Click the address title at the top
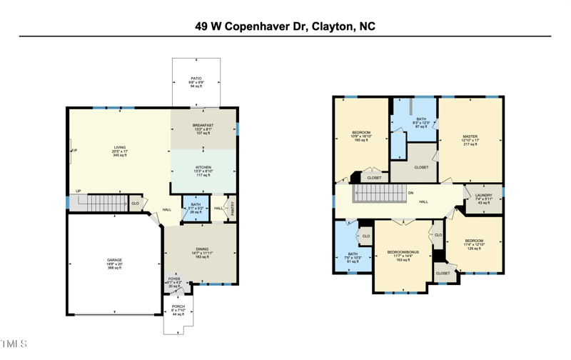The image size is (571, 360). pos(285,26)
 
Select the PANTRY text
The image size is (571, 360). pos(233,209)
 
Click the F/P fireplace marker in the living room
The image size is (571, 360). pos(74,151)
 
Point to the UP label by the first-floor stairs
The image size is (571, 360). pos(79,191)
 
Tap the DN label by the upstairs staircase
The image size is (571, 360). pos(410,192)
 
